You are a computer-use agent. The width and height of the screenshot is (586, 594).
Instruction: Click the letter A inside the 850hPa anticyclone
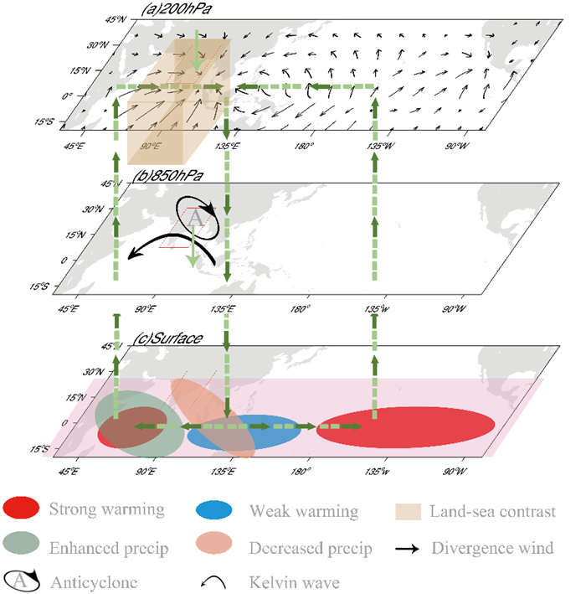click(x=194, y=216)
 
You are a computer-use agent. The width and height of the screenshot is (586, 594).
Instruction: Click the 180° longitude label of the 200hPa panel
click(x=303, y=147)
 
